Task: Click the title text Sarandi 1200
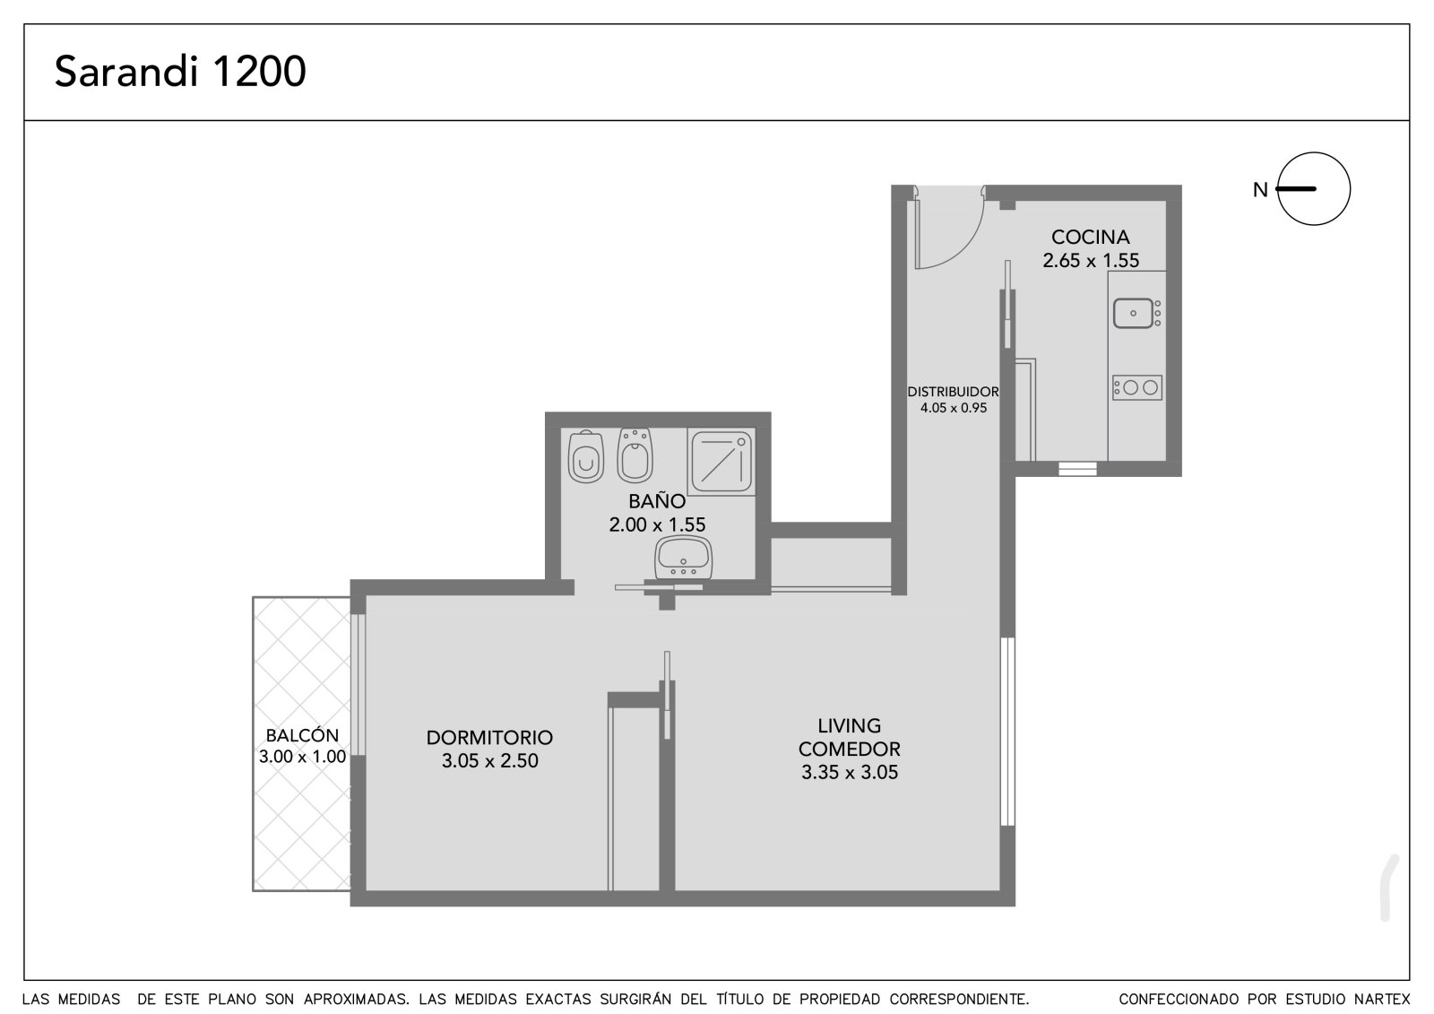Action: coord(180,71)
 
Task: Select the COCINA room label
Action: coord(1091,237)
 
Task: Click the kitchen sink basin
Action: coord(1133,313)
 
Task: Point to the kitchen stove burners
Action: coord(1137,387)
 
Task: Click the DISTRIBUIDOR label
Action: coord(954,392)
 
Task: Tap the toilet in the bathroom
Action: coord(586,456)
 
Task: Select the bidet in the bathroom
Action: coord(635,455)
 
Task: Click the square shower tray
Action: coord(721,462)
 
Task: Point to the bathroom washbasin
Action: coord(684,558)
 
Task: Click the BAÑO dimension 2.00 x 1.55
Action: coord(658,524)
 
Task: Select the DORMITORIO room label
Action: coord(489,737)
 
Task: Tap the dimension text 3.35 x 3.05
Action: coord(850,772)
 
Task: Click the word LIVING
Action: coord(850,725)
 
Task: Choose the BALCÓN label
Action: coord(302,735)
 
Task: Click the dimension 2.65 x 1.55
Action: coord(1091,261)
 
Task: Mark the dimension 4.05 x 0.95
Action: coord(954,408)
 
